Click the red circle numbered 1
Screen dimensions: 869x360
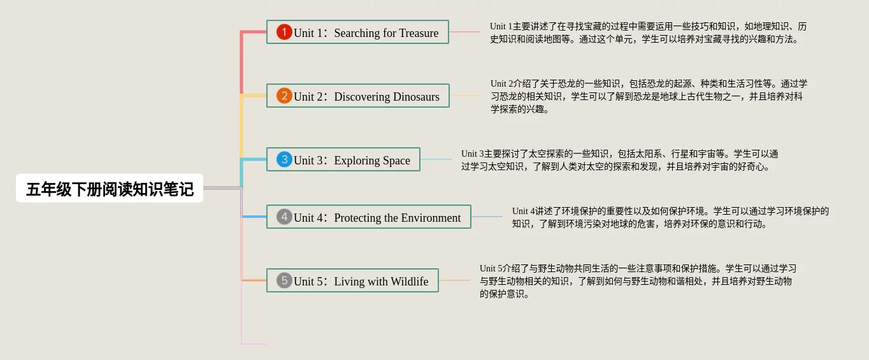tap(284, 32)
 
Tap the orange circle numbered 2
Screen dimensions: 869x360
tap(284, 96)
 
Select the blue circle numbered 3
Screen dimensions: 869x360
tap(284, 159)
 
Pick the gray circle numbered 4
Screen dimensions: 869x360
tap(284, 217)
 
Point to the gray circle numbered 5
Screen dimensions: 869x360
tap(284, 280)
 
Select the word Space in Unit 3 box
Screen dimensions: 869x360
tap(396, 161)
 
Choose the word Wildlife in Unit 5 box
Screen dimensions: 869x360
tap(409, 281)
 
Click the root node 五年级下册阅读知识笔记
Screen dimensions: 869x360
tap(110, 188)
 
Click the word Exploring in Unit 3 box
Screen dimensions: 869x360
tap(357, 161)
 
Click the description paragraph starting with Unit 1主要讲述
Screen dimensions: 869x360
tap(649, 32)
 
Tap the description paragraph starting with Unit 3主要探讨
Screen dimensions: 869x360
tap(619, 160)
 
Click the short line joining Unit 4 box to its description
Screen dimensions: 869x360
tap(487, 217)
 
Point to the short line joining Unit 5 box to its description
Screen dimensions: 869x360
tap(454, 280)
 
